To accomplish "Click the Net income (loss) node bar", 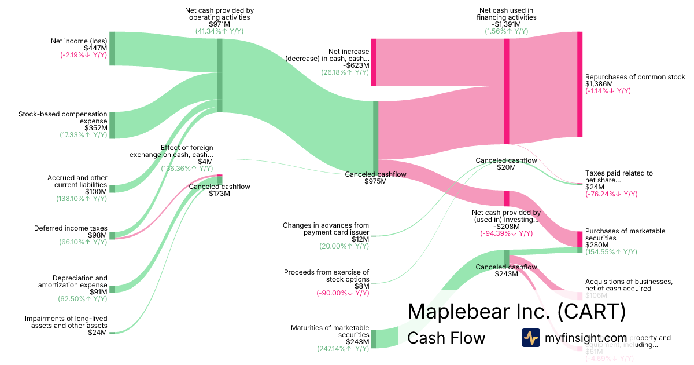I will pyautogui.click(x=112, y=49).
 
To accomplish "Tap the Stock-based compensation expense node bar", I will pyautogui.click(x=112, y=125).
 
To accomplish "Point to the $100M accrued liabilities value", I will pyautogui.click(x=96, y=192).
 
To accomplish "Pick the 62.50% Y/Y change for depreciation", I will pyautogui.click(x=83, y=299).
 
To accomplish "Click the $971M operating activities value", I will pyautogui.click(x=219, y=24).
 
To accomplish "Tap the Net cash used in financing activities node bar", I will pyautogui.click(x=507, y=91).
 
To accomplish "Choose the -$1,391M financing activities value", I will pyautogui.click(x=507, y=24).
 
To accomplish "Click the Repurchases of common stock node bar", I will pyautogui.click(x=579, y=84).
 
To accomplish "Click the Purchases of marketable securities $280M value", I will pyautogui.click(x=596, y=245).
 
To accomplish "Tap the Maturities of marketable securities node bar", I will pyautogui.click(x=374, y=338).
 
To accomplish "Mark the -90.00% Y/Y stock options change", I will pyautogui.click(x=342, y=293).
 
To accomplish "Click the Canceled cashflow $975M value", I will pyautogui.click(x=376, y=181).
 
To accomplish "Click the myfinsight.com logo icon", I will pyautogui.click(x=530, y=338).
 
